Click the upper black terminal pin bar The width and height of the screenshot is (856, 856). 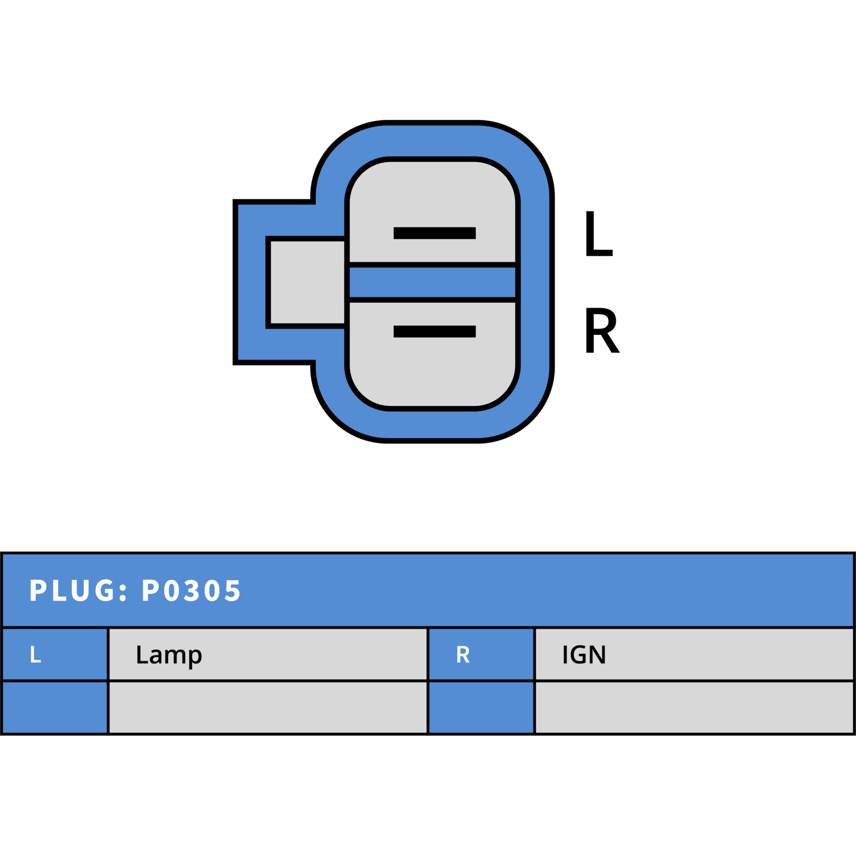[x=434, y=233]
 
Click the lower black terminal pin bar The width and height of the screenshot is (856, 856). [x=434, y=331]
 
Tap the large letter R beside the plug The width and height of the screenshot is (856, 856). [x=602, y=330]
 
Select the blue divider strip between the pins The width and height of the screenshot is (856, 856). [x=432, y=282]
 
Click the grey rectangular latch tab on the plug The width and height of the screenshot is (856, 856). [x=308, y=282]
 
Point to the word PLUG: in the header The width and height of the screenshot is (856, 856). [x=79, y=591]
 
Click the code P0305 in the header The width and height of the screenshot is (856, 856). [x=191, y=591]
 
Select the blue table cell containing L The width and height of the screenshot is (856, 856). [x=55, y=654]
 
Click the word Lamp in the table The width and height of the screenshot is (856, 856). [x=169, y=655]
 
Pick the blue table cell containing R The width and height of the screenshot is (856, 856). [x=481, y=654]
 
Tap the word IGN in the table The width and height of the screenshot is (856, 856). [x=584, y=654]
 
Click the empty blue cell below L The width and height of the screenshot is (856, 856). [x=55, y=707]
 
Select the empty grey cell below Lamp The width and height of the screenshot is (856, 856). [x=268, y=707]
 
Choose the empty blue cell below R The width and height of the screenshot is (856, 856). [x=481, y=707]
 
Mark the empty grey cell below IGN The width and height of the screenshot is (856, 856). [x=694, y=707]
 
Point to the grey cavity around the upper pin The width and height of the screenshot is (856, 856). [x=432, y=212]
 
